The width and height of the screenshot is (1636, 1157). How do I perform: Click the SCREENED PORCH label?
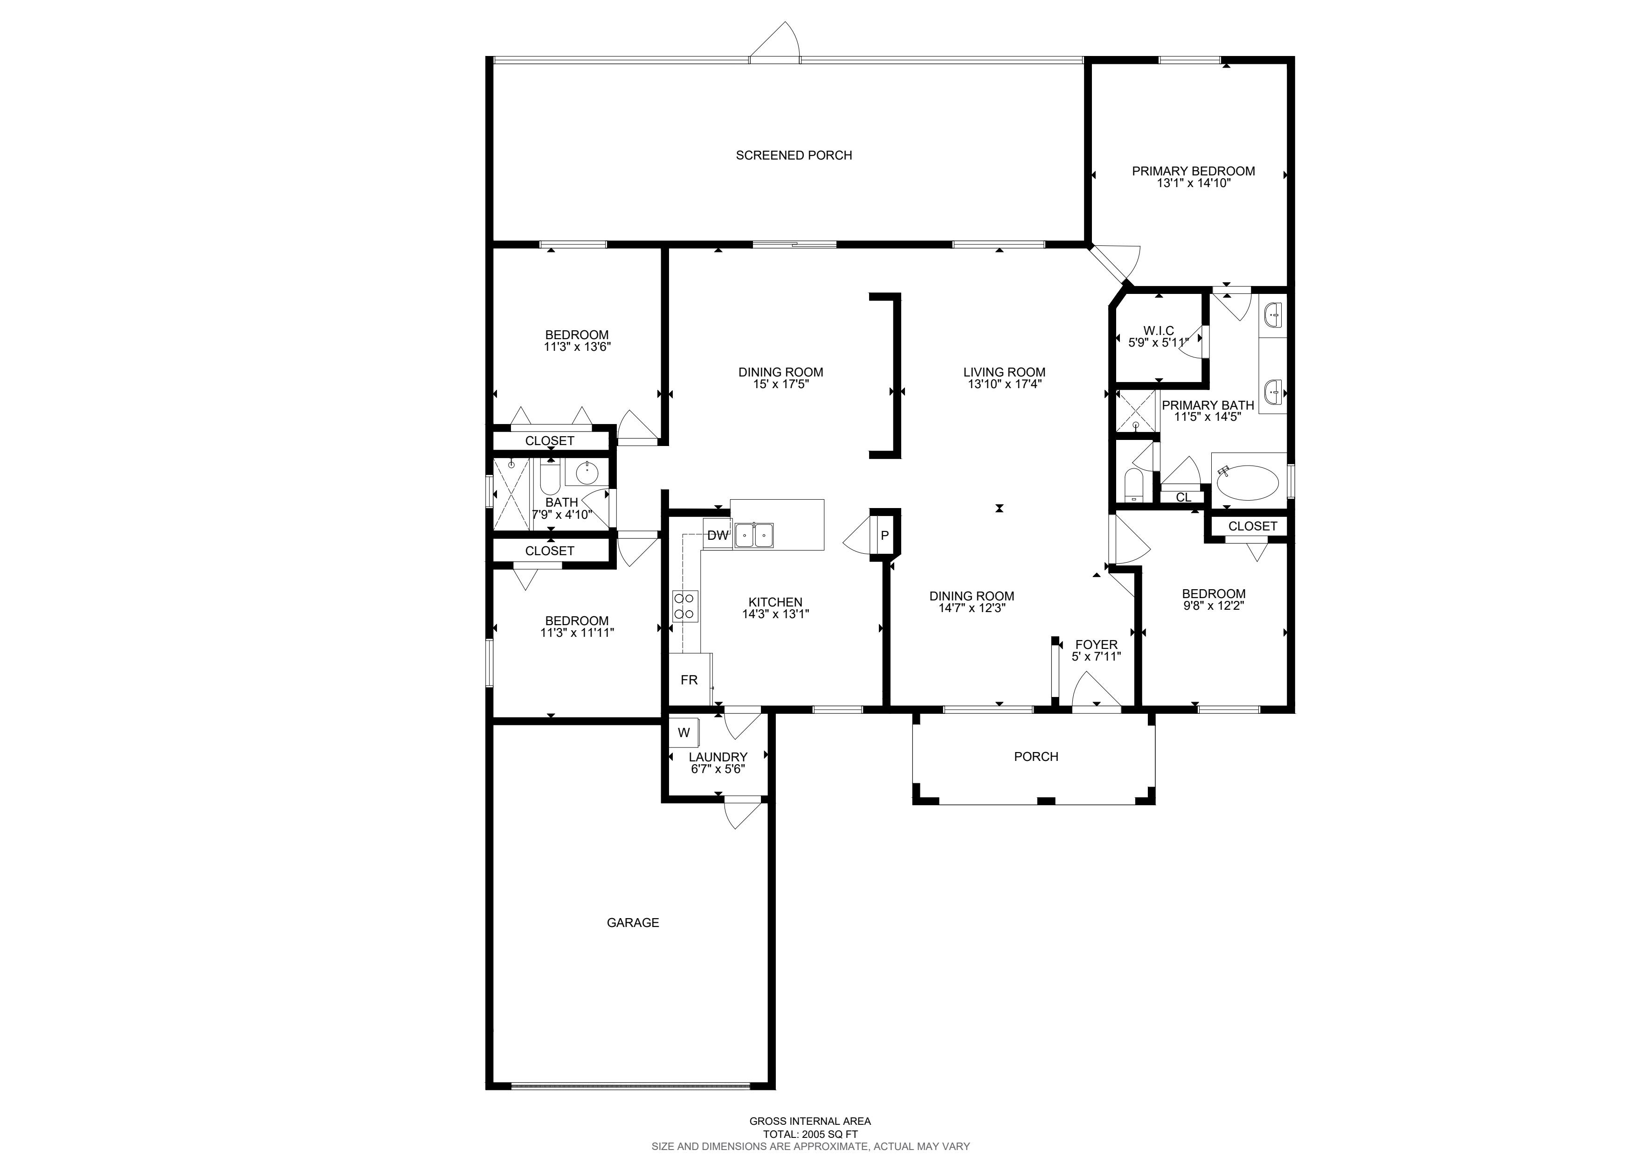pos(794,155)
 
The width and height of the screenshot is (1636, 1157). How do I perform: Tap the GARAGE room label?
pos(633,922)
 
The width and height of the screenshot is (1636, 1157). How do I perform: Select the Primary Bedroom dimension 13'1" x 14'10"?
pos(1194,183)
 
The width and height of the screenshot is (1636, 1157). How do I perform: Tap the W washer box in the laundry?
pos(684,732)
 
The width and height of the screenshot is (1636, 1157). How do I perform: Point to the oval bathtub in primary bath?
pos(1248,482)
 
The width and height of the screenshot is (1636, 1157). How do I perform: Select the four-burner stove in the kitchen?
pos(685,606)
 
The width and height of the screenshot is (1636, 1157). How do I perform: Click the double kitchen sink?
pos(754,535)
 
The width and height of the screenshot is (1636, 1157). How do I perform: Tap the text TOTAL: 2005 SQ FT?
pos(810,1134)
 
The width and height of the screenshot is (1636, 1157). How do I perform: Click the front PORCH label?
pos(1036,756)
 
